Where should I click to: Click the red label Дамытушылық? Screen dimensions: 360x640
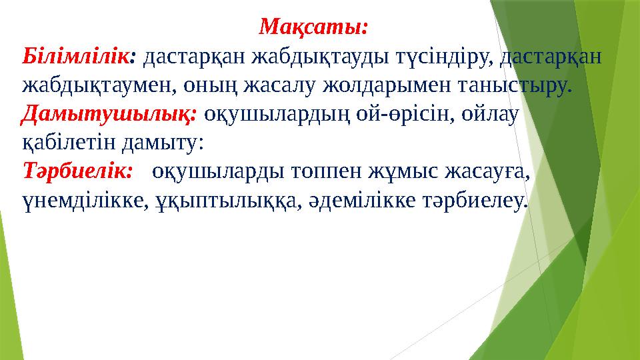pos(109,114)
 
